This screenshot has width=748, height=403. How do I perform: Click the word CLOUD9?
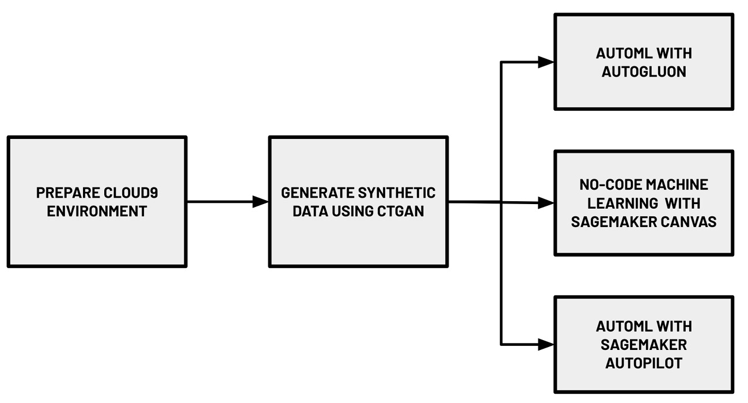(x=131, y=193)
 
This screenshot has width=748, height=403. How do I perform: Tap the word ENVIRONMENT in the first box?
(x=97, y=212)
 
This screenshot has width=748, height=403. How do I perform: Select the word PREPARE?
(x=68, y=193)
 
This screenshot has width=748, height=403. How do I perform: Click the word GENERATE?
(x=317, y=193)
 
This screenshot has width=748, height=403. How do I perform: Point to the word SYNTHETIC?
(x=397, y=193)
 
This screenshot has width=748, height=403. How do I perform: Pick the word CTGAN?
(x=401, y=212)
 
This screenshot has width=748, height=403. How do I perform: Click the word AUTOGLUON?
(x=644, y=72)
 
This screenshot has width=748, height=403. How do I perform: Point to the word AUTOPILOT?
(x=644, y=363)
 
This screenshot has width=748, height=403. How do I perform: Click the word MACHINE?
(x=677, y=184)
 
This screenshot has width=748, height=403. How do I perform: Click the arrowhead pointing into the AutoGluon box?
(x=546, y=62)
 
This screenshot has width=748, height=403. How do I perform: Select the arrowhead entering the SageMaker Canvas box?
(x=546, y=203)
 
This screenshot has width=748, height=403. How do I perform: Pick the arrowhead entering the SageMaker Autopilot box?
(x=546, y=344)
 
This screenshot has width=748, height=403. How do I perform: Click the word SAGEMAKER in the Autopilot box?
(x=644, y=345)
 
